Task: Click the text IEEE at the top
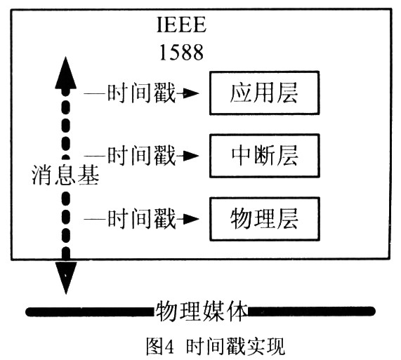[x=181, y=25]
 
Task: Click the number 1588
[x=181, y=53]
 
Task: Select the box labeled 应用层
[x=265, y=93]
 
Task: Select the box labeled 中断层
[x=265, y=156]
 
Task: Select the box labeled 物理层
[x=265, y=219]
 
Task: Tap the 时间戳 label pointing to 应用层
[x=141, y=93]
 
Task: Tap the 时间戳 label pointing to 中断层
[x=141, y=155]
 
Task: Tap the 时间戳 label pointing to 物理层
[x=141, y=219]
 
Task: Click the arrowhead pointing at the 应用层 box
[x=190, y=93]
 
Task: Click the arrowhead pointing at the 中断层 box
[x=190, y=156]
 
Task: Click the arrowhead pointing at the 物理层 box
[x=190, y=219]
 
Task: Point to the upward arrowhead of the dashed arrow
[x=66, y=74]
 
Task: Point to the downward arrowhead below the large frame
[x=66, y=278]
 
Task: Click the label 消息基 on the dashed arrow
[x=65, y=175]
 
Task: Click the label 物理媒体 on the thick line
[x=202, y=312]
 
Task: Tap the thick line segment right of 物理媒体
[x=312, y=311]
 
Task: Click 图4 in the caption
[x=160, y=346]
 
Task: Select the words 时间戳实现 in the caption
[x=235, y=346]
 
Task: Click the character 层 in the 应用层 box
[x=287, y=93]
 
